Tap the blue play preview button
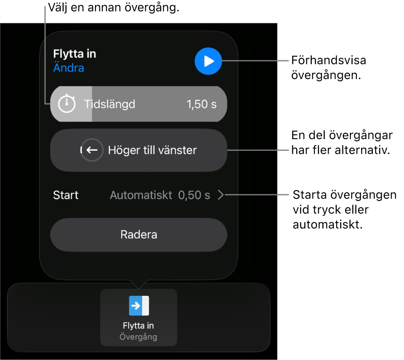tap(208, 61)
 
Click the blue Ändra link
tap(69, 68)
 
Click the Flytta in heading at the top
tap(75, 54)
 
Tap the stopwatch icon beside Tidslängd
tap(67, 104)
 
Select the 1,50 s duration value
tap(201, 104)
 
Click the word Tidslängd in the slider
tap(110, 104)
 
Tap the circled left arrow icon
tap(92, 150)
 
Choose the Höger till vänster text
tap(152, 150)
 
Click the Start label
tap(66, 195)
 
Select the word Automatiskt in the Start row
tap(141, 195)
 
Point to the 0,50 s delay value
tap(194, 195)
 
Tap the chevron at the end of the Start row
tap(221, 195)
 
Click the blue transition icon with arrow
tap(139, 306)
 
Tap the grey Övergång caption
tap(138, 336)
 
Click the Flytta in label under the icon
tap(138, 325)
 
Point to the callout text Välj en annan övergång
tap(114, 8)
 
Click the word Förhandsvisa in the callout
tap(329, 60)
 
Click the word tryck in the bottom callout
tap(331, 210)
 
